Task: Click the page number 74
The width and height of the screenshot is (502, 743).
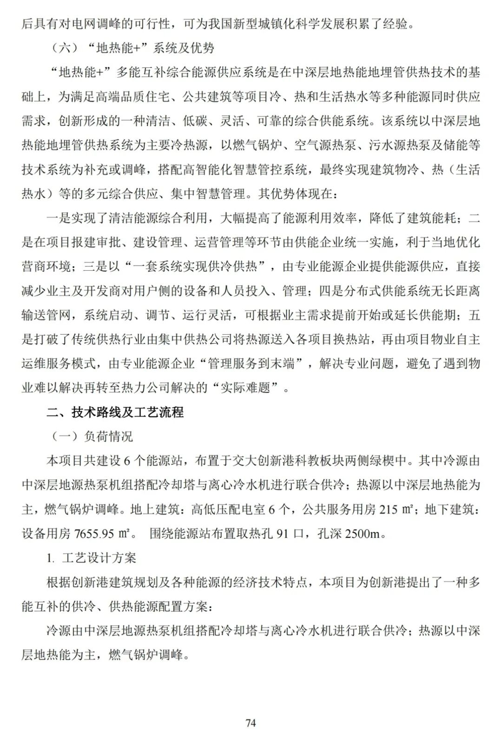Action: tap(251, 723)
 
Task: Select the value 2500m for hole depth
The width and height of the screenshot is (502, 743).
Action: tap(362, 533)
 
